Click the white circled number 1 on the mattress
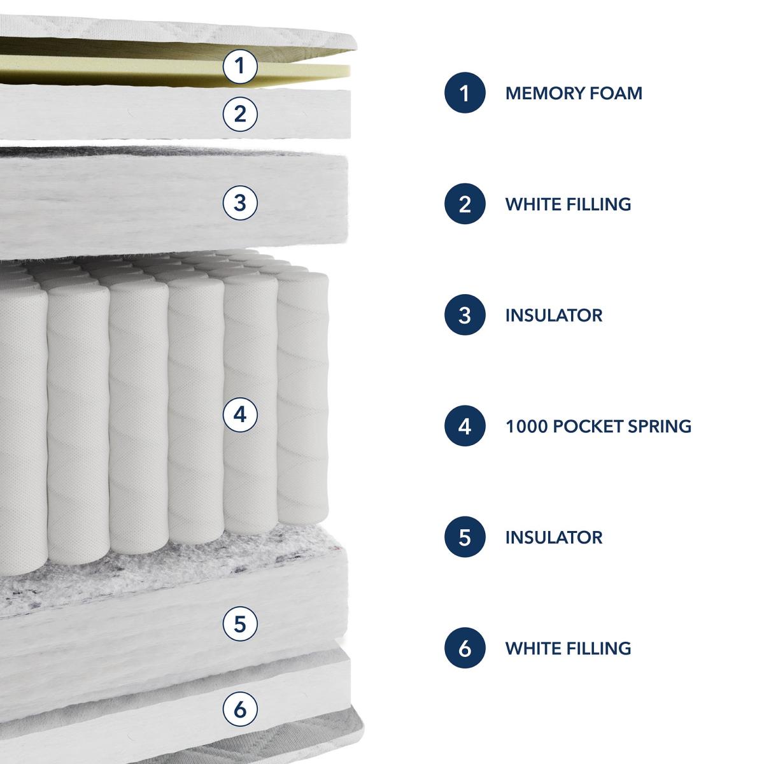pos(240,66)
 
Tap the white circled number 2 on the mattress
pos(240,114)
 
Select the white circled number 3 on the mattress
pos(240,203)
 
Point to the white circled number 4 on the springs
pos(240,415)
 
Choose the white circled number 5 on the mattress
pos(240,624)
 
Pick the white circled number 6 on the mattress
pos(240,709)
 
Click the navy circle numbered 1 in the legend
pos(465,93)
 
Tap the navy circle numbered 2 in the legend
pos(465,204)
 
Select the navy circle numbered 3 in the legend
pos(465,315)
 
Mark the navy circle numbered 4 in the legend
pos(465,426)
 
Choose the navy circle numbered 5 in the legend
pos(465,537)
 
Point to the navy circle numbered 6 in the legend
pos(465,648)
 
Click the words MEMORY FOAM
pos(574,93)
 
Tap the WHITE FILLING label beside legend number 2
pos(568,204)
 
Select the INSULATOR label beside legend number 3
pos(554,315)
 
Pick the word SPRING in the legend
pos(660,426)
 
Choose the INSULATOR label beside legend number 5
pos(554,537)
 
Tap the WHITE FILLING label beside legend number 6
pos(568,648)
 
